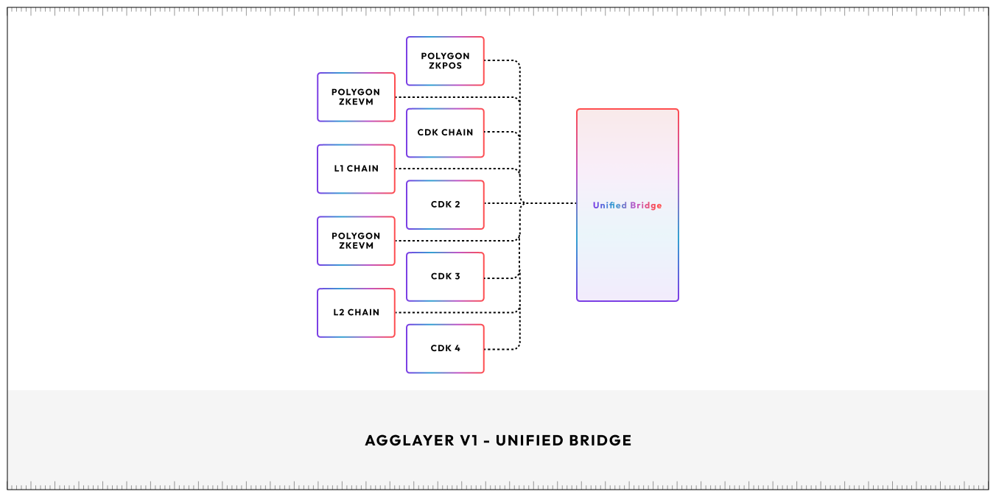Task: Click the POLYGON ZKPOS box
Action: point(445,61)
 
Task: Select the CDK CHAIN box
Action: point(445,133)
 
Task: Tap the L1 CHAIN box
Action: point(356,169)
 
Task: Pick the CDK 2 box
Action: point(445,205)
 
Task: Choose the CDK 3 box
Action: point(445,277)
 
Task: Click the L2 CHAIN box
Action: point(356,312)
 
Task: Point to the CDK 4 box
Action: point(445,348)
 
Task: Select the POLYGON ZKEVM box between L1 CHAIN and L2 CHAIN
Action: point(356,241)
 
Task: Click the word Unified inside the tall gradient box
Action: point(609,205)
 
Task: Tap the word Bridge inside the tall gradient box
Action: point(645,205)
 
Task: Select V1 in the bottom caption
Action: point(469,440)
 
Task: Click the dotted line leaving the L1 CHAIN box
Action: point(457,169)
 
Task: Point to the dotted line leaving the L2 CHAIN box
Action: point(457,313)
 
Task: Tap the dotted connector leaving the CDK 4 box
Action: point(501,348)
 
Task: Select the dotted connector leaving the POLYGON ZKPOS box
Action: point(501,61)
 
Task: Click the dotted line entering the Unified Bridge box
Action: point(549,203)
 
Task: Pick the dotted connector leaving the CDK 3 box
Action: point(501,278)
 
